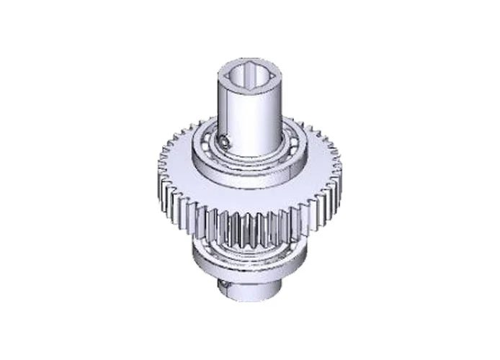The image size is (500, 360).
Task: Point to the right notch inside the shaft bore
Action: coord(271,73)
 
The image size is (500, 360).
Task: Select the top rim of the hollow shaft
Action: coord(250,60)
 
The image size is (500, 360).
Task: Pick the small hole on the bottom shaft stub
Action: coord(224,286)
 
